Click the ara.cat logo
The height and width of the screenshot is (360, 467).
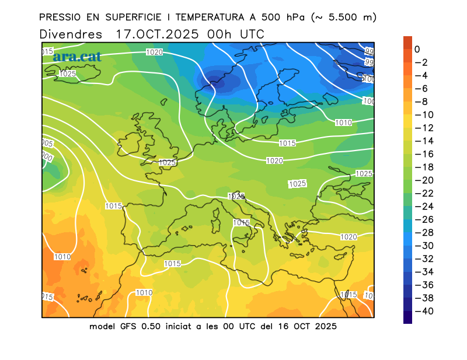click(x=76, y=57)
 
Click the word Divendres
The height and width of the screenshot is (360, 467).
click(x=71, y=34)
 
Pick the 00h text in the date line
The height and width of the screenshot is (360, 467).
click(x=219, y=34)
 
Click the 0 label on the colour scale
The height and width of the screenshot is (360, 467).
click(x=417, y=50)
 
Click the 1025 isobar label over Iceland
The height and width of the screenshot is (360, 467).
click(x=68, y=74)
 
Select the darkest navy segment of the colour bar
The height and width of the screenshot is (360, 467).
click(x=407, y=317)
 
